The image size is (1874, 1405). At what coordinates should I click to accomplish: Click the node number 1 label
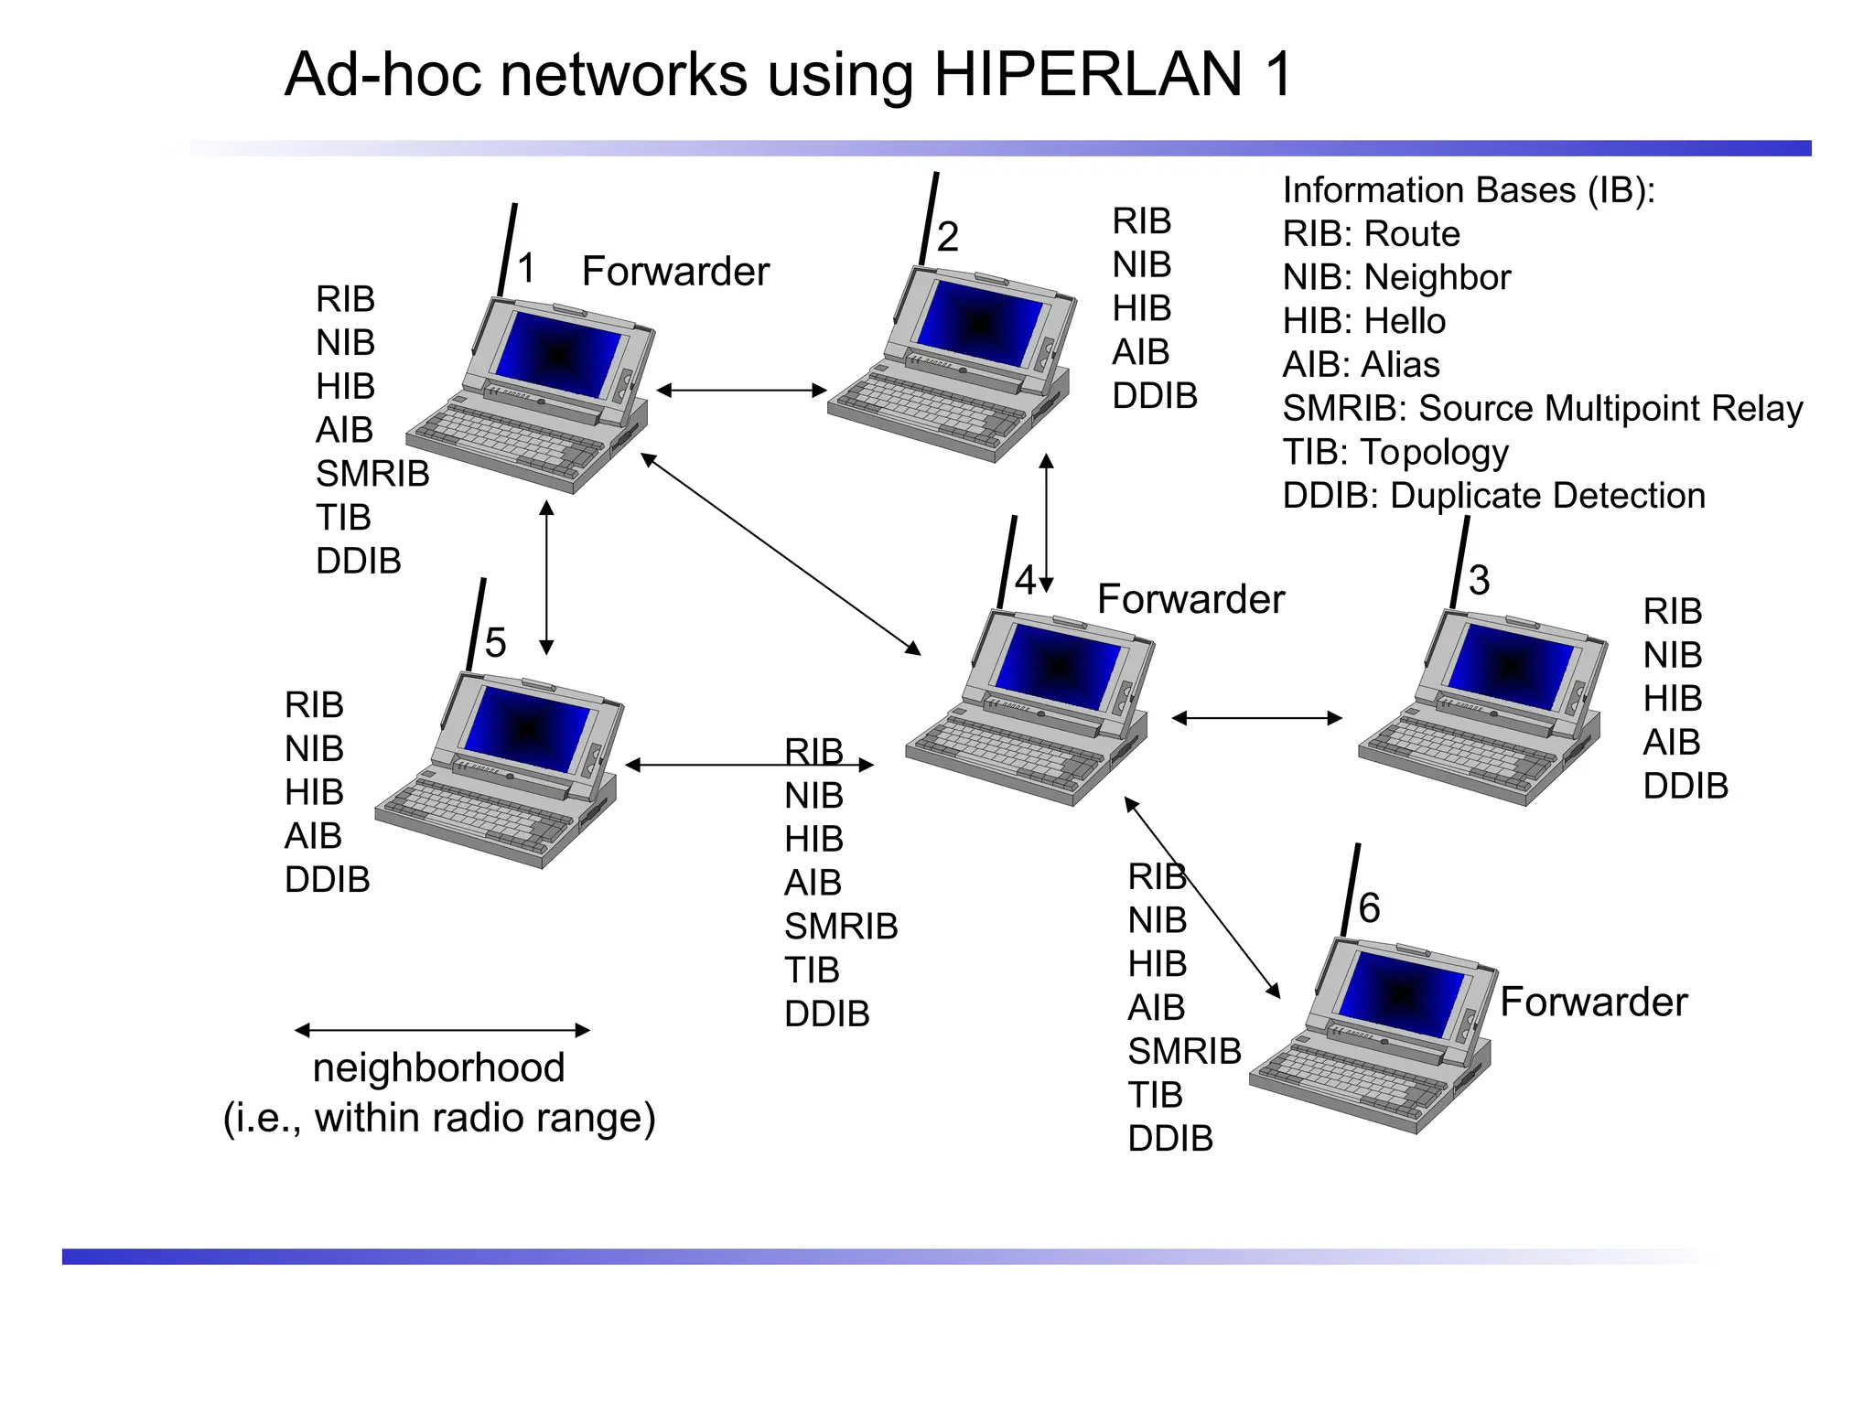pos(526,268)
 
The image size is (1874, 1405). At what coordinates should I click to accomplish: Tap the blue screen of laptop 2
pos(978,323)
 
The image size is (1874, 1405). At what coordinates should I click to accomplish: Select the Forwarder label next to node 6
pos(1593,1002)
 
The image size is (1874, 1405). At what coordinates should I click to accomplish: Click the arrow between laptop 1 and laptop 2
pos(741,391)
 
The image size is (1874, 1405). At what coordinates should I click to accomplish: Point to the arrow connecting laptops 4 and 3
pos(1256,718)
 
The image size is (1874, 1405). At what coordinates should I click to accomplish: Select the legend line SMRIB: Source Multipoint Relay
pos(1542,408)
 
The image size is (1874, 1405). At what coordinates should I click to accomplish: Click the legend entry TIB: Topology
pos(1395,452)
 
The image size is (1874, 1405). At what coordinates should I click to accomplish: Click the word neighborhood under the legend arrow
pos(438,1067)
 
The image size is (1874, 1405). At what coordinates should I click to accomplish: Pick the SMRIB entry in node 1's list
pos(372,474)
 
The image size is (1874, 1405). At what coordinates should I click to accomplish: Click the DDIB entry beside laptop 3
pos(1685,786)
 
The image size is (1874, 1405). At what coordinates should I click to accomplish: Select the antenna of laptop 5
pos(476,625)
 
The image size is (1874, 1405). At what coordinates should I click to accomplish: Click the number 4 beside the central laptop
pos(1025,580)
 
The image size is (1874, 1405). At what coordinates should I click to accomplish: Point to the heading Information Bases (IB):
pos(1468,190)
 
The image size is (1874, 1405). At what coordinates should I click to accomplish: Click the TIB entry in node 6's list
pos(1155,1095)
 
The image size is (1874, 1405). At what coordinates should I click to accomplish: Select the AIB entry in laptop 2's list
pos(1140,352)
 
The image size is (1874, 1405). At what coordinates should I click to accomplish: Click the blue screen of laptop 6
pos(1400,995)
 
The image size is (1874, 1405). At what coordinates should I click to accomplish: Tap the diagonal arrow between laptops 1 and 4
pos(780,553)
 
